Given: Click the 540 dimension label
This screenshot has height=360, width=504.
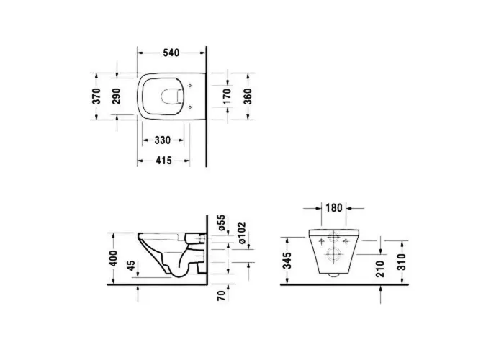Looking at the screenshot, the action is click(x=171, y=53).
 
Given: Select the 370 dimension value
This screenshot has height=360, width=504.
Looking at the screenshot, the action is click(x=96, y=96).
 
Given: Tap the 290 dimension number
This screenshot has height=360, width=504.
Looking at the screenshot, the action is click(x=116, y=96).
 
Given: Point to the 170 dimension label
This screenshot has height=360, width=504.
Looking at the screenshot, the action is click(x=227, y=96).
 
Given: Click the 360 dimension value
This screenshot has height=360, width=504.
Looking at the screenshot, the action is click(x=248, y=96).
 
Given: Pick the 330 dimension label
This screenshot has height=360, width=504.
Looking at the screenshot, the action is click(x=163, y=140).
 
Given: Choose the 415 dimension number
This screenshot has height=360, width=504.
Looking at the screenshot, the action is click(x=163, y=160).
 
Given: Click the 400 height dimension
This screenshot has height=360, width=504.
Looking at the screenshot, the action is click(x=113, y=258).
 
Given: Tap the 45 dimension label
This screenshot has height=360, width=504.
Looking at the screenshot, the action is click(x=130, y=266).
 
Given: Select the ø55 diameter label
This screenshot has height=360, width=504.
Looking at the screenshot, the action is click(x=222, y=222).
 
